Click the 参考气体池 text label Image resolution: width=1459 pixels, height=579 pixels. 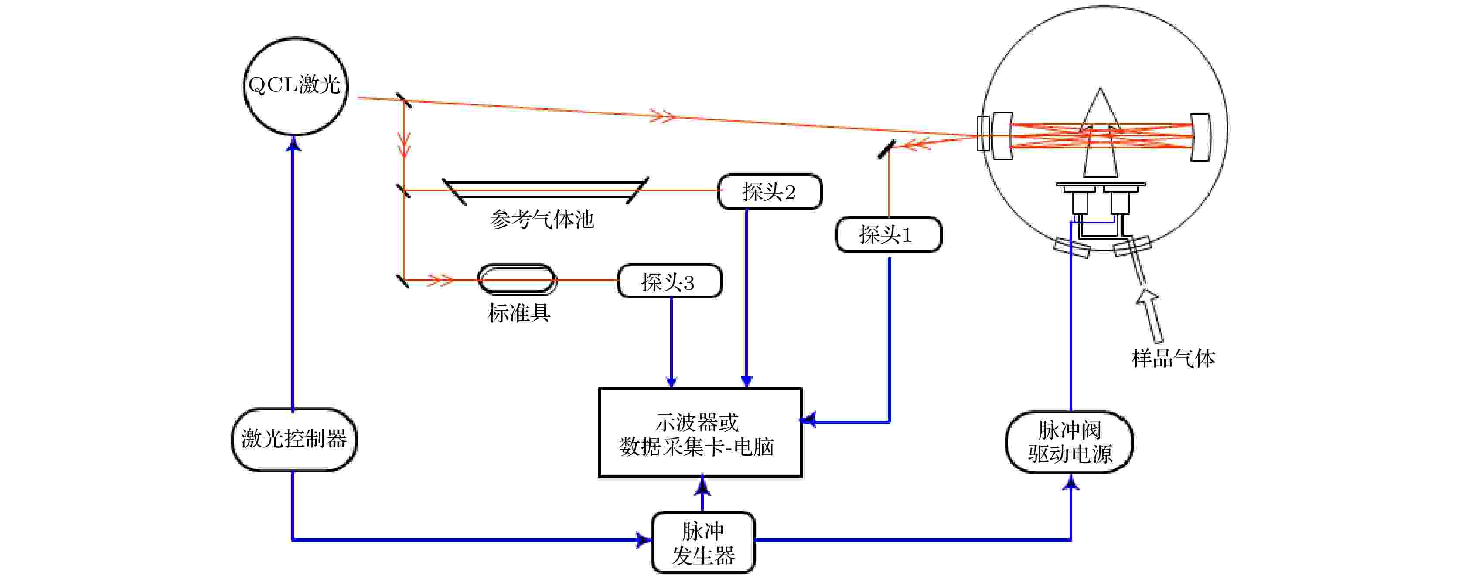[542, 220]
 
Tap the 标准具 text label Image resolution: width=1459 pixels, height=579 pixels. [519, 312]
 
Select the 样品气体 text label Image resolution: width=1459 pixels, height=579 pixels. [1173, 358]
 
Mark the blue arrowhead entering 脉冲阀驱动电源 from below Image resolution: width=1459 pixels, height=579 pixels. [1071, 482]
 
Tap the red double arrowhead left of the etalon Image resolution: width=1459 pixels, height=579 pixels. [440, 280]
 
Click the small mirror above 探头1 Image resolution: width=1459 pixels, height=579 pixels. [886, 149]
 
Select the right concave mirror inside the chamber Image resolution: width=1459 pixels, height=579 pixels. [1200, 137]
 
